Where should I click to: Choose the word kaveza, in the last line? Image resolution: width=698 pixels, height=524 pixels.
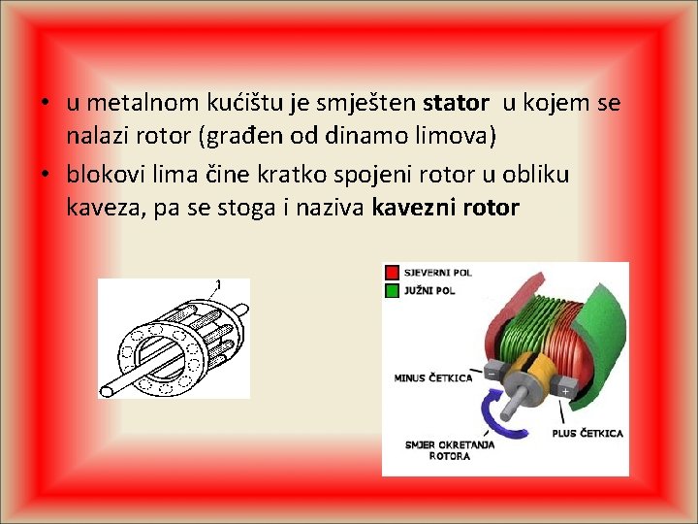pos(100,207)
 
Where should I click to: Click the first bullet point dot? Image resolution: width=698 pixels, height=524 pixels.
pos(45,104)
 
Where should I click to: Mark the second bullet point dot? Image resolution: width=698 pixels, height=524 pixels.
pos(45,175)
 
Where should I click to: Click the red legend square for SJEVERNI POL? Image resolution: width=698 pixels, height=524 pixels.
pos(392,272)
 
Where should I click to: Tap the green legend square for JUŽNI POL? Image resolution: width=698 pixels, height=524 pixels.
pos(392,289)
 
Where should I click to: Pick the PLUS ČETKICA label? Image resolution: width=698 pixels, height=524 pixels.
pos(587,433)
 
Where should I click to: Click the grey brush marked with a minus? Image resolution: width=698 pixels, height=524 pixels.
pos(493,373)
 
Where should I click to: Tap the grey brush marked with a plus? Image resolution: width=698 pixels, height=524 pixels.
pos(564,390)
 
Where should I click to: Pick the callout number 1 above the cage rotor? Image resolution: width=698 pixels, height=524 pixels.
pos(218,284)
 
